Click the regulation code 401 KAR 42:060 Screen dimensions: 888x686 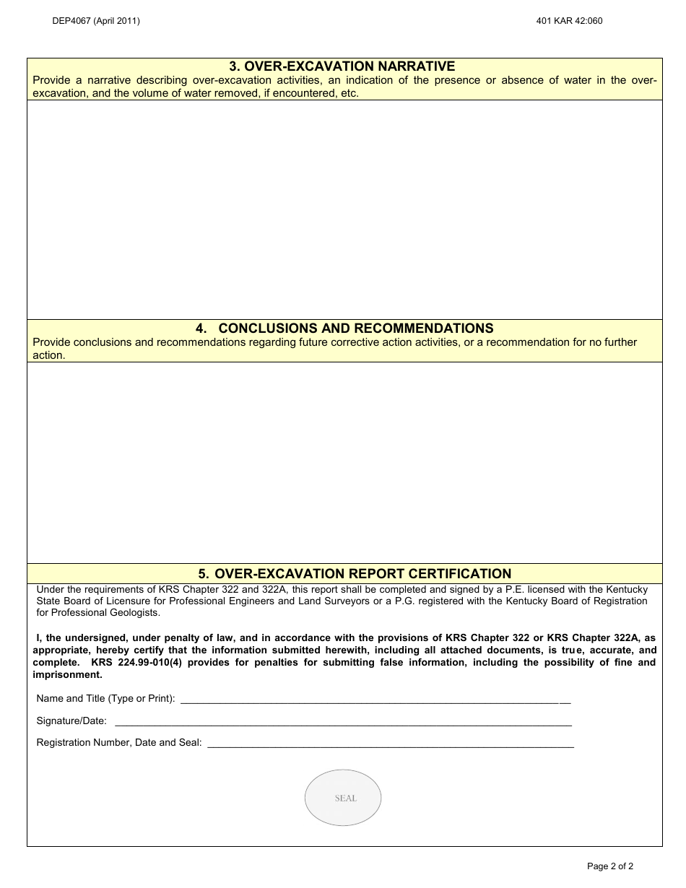[569, 21]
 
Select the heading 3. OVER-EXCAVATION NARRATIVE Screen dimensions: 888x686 [342, 66]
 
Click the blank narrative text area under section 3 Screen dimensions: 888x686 [344, 209]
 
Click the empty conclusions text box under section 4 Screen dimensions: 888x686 [344, 462]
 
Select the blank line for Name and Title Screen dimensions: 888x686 [374, 700]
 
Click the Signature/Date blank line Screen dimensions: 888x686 [343, 722]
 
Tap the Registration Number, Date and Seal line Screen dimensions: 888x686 [390, 744]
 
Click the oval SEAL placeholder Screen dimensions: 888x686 [343, 798]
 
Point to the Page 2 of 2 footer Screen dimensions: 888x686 [610, 866]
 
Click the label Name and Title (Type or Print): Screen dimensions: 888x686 [105, 699]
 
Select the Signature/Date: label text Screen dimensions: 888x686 [71, 721]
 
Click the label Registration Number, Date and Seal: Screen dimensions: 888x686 [119, 742]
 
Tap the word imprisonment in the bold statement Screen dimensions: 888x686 [67, 675]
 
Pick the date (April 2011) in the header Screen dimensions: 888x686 [116, 21]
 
